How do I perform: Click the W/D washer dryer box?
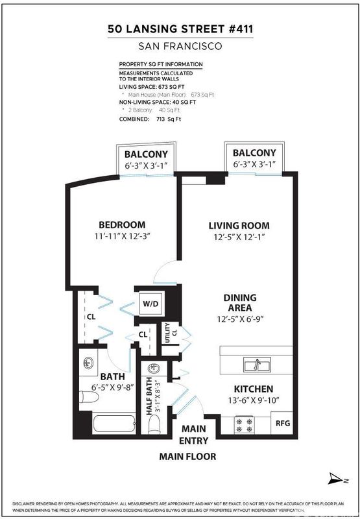151,303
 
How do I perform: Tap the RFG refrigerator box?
282,423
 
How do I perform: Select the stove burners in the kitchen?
244,426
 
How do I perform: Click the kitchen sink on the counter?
257,365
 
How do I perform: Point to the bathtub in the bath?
114,424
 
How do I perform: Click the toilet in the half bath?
154,424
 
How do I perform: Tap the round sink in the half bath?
153,367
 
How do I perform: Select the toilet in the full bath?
89,396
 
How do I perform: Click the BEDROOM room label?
122,224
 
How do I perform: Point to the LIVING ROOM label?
239,226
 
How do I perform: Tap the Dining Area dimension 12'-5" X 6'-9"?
240,319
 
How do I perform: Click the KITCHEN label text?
254,389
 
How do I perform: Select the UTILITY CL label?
171,333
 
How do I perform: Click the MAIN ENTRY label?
193,435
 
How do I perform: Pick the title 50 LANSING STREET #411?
180,29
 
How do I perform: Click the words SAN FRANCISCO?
180,46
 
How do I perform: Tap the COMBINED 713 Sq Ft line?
150,119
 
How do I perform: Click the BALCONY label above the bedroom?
146,154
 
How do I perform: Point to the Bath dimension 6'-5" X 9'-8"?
112,387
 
